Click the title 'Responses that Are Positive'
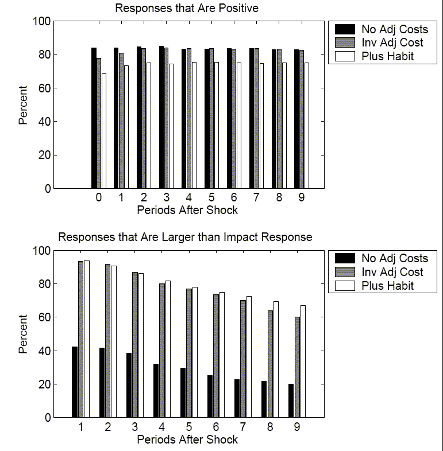click(186, 8)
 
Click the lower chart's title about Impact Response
click(186, 237)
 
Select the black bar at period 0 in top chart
click(94, 118)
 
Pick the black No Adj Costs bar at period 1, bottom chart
click(75, 382)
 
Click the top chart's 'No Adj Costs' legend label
click(395, 29)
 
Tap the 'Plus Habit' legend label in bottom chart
click(387, 286)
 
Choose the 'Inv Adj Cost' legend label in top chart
click(392, 42)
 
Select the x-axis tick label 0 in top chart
click(99, 198)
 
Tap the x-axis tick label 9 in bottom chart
click(297, 427)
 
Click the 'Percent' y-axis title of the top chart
click(23, 105)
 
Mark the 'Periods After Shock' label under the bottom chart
click(187, 440)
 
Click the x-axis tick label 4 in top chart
click(189, 198)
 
